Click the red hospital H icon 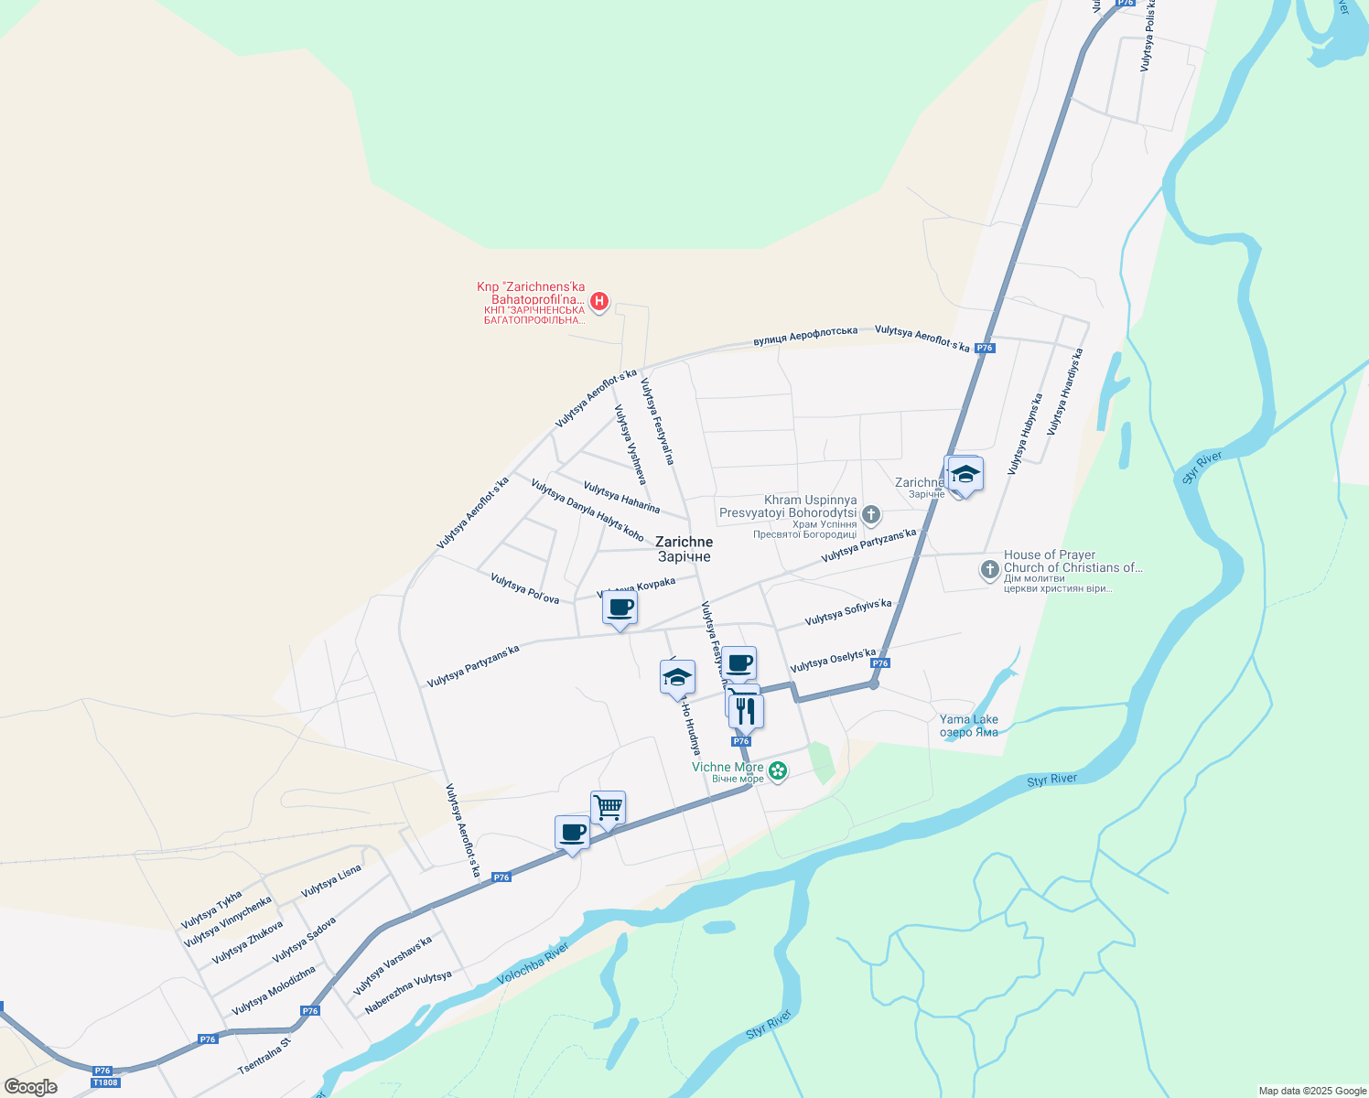point(599,300)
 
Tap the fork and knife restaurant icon point(747,710)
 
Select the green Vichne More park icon point(778,771)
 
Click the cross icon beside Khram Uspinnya point(871,515)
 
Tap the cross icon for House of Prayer point(989,570)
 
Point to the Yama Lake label point(969,726)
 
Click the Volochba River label point(533,964)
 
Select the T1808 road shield point(105,1082)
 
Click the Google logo point(31,1087)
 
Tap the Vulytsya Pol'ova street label point(524,588)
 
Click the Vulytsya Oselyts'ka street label point(833,662)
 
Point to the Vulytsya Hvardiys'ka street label point(1065,392)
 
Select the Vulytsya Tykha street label point(211,909)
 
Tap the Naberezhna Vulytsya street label point(408,992)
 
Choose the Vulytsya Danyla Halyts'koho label point(587,511)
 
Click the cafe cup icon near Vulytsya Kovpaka point(620,608)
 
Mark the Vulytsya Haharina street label point(621,498)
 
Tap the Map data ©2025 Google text point(1312,1091)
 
